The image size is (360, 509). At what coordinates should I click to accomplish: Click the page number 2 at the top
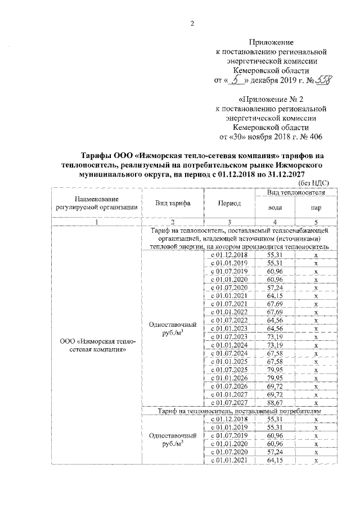[192, 23]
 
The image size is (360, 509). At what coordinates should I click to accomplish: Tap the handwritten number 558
[323, 81]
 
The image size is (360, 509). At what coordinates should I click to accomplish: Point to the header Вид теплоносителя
[296, 193]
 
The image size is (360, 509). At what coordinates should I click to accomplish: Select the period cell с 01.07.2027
[229, 402]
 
